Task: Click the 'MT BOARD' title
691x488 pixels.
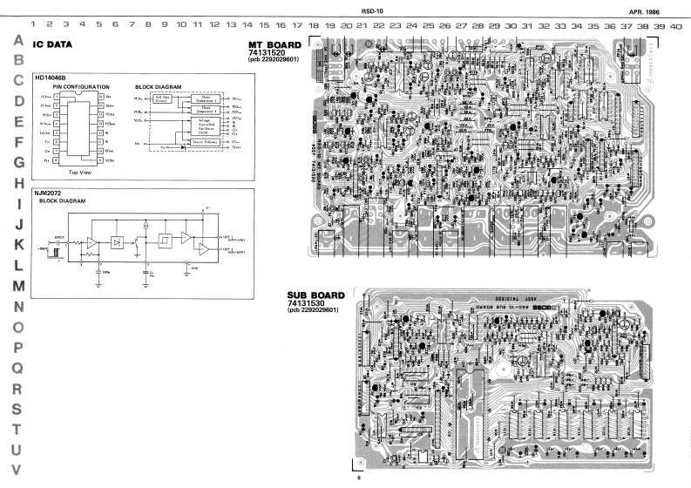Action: pyautogui.click(x=274, y=44)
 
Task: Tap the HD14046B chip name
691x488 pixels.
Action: pyautogui.click(x=51, y=78)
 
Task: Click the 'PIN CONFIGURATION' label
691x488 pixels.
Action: pyautogui.click(x=81, y=87)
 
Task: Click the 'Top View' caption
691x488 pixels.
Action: pyautogui.click(x=81, y=173)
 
